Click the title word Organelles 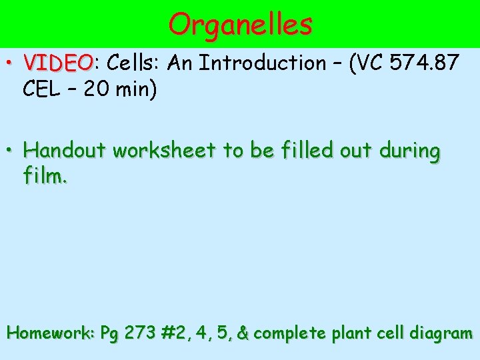[x=240, y=25]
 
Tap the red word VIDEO [x=58, y=63]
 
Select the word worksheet [x=165, y=151]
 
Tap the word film [x=45, y=177]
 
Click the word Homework [x=51, y=333]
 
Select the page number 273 [x=139, y=333]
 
